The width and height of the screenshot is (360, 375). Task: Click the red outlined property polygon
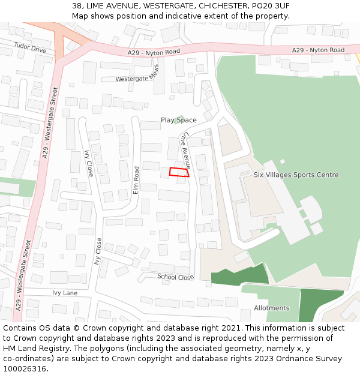[x=179, y=172]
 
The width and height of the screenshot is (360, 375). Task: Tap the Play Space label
[x=178, y=120]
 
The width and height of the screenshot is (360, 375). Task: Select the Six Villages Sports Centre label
[x=296, y=175]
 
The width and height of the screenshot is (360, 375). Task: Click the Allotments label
[x=271, y=308]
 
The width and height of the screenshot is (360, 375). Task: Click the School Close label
[x=175, y=277]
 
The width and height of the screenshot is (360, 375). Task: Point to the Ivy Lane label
[x=65, y=293]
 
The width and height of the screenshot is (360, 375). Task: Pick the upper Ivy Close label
[x=89, y=163]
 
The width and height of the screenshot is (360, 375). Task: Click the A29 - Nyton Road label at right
[x=318, y=50]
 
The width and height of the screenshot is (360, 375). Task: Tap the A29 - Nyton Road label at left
[x=154, y=53]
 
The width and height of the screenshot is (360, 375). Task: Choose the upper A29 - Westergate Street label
[x=50, y=122]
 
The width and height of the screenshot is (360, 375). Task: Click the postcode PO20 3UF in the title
[x=270, y=5]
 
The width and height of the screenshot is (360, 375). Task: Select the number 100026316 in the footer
[x=25, y=369]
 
